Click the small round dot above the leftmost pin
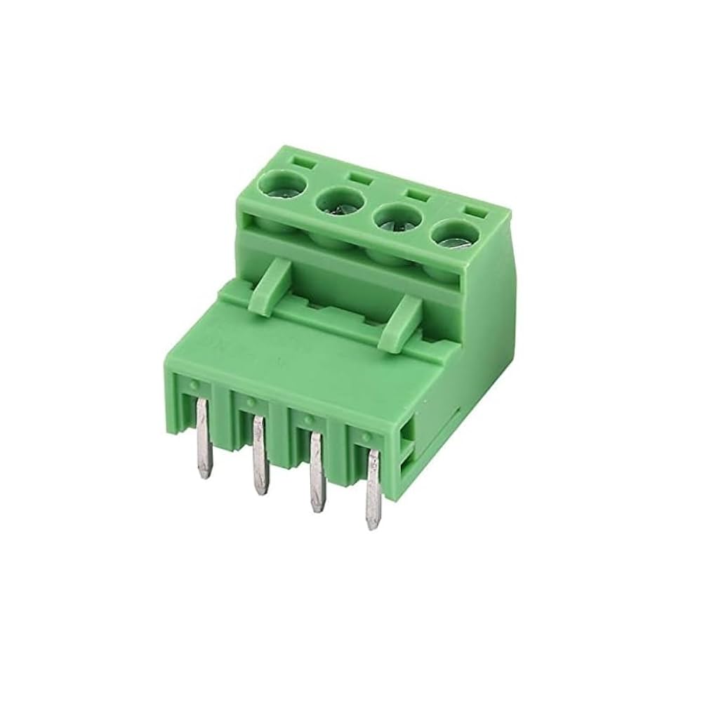(192, 385)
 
